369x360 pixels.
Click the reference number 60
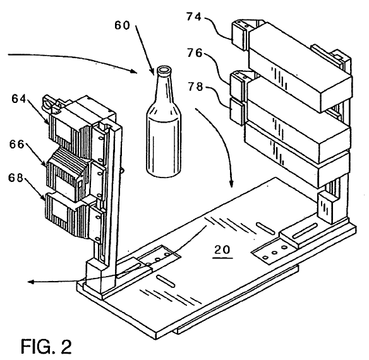[122, 25]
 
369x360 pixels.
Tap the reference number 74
[194, 16]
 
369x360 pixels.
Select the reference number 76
[195, 53]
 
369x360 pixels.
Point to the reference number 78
[195, 87]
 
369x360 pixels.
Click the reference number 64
[19, 99]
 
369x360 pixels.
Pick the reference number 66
[17, 144]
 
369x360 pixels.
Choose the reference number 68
[16, 177]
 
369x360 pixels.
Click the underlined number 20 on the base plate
[222, 249]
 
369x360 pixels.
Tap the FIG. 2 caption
[46, 346]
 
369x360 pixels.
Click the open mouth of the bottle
[164, 70]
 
